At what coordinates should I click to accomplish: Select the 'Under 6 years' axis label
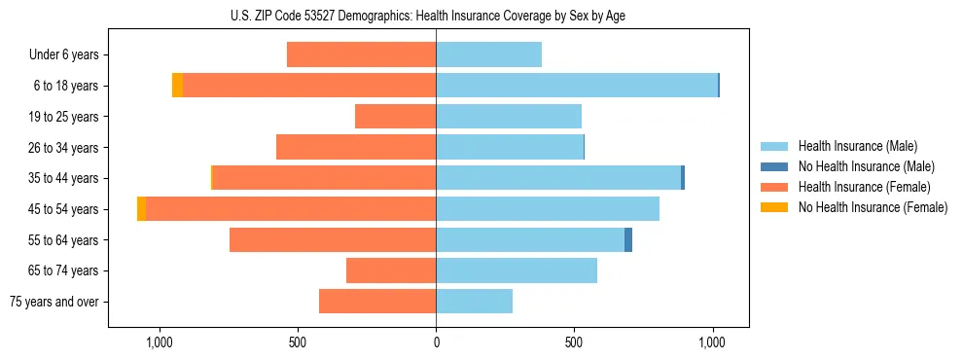coord(64,55)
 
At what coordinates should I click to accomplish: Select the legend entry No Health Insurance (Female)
coord(872,207)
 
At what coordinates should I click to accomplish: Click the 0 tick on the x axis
coord(436,342)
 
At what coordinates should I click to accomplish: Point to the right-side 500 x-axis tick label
coord(575,342)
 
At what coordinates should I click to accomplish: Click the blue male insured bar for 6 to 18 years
coord(576,86)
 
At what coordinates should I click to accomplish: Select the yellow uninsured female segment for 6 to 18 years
coord(177,86)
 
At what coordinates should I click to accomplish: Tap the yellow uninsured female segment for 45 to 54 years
coord(142,209)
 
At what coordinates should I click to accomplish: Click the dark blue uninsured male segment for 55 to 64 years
coord(628,239)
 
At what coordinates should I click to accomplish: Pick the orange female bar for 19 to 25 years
coord(395,117)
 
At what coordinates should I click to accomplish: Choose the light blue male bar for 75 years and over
coord(474,302)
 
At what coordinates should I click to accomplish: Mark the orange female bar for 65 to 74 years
coord(391,270)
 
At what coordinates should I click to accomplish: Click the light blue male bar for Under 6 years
coord(488,55)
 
